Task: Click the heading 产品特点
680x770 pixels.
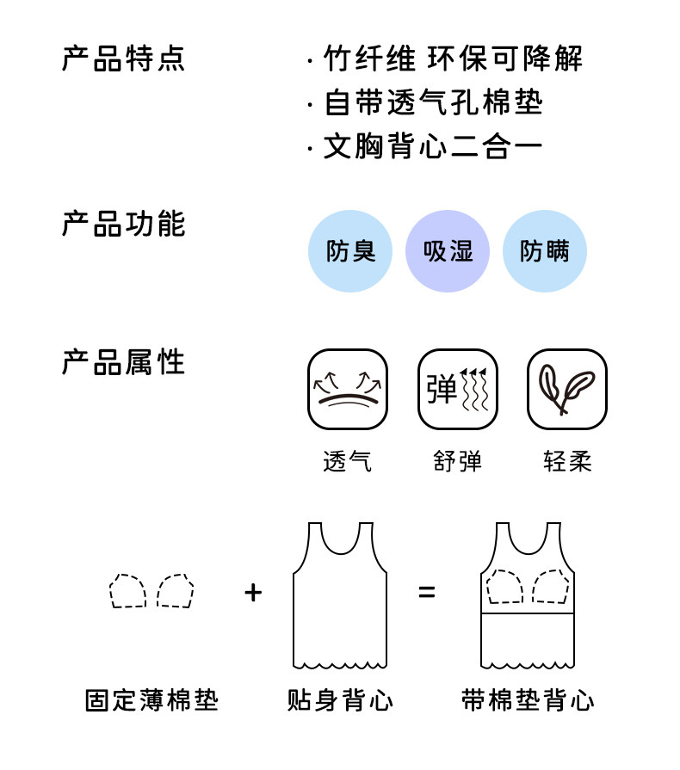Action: click(x=123, y=59)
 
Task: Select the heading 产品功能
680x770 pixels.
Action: click(x=123, y=224)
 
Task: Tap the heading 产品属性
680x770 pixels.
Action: click(x=123, y=362)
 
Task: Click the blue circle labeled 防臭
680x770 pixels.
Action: click(x=350, y=251)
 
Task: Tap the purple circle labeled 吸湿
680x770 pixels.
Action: click(x=448, y=251)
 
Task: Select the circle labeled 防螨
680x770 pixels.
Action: click(x=544, y=251)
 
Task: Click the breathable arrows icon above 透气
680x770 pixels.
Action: click(x=348, y=389)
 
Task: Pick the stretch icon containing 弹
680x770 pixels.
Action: click(x=458, y=389)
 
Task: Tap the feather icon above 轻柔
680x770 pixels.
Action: click(x=567, y=389)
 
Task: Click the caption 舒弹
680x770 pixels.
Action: click(x=458, y=461)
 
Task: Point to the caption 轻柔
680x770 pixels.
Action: click(x=567, y=461)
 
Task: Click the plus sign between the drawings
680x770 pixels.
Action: click(x=253, y=592)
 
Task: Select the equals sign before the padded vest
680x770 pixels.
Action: click(x=427, y=592)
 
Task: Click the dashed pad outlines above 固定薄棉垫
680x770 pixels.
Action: click(x=151, y=591)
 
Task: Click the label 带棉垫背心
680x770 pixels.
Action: click(x=527, y=700)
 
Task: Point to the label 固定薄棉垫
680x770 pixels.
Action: click(x=151, y=700)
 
